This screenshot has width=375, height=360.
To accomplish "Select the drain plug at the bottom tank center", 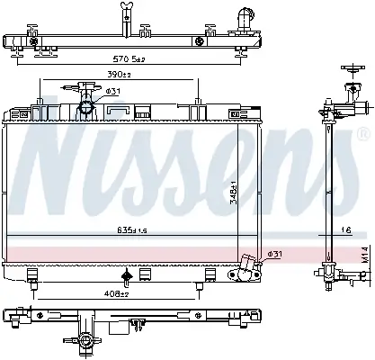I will [127, 275].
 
